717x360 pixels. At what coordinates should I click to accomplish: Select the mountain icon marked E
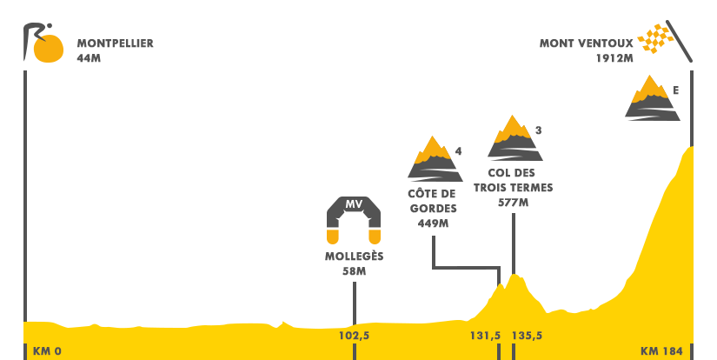650,97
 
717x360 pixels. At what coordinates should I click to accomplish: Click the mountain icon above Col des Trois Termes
515,137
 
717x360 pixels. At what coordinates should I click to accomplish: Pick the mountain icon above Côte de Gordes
433,158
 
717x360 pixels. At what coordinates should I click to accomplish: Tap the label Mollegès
354,257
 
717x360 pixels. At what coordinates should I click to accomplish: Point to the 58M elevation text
354,271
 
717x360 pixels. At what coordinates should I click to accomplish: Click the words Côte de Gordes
432,201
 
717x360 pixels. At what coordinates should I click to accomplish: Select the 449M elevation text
432,223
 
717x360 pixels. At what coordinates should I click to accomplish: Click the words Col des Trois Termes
514,180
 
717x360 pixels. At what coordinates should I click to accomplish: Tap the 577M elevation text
514,203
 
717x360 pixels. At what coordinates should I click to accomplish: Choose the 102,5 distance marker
354,336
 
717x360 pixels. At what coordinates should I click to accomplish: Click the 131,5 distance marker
485,336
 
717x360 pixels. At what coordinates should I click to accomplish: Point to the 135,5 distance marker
528,336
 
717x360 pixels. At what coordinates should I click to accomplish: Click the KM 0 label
47,351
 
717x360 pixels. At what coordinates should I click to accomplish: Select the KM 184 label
661,351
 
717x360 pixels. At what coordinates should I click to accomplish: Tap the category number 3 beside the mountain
539,131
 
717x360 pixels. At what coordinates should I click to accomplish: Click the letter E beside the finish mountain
675,90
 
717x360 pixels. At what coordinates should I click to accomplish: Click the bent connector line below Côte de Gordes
466,268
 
